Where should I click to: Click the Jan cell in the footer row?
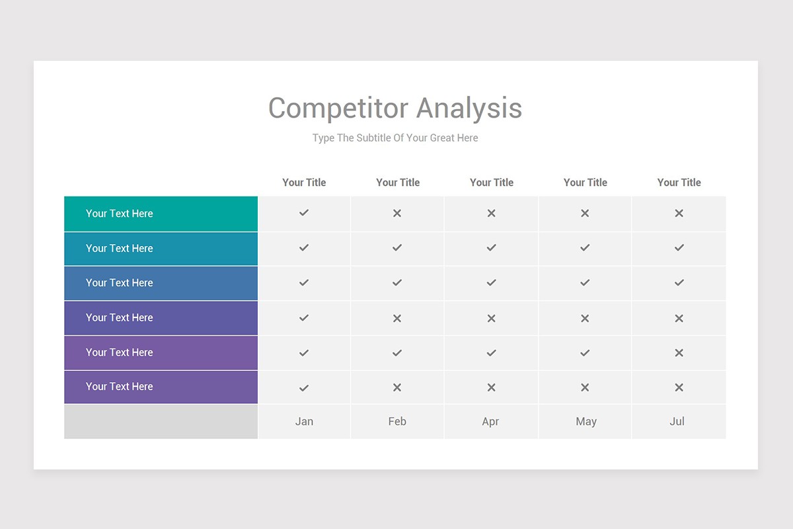coord(304,421)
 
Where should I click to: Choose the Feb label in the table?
coord(397,421)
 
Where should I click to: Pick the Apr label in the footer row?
coord(490,421)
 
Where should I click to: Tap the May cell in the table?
coord(585,421)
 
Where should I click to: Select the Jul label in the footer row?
coord(677,421)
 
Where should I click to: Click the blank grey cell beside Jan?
coord(161,421)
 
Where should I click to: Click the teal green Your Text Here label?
coord(119,214)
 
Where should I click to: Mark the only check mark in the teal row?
coord(304,213)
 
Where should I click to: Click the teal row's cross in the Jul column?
coord(679,214)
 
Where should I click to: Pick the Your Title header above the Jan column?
coord(304,183)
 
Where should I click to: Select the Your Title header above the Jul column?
coord(679,183)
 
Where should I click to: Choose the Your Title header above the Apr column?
coord(491,183)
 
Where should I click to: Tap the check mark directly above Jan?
coord(304,388)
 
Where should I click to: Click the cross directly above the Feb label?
coord(397,387)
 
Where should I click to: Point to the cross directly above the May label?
coord(585,387)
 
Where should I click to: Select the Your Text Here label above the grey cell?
coord(119,387)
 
